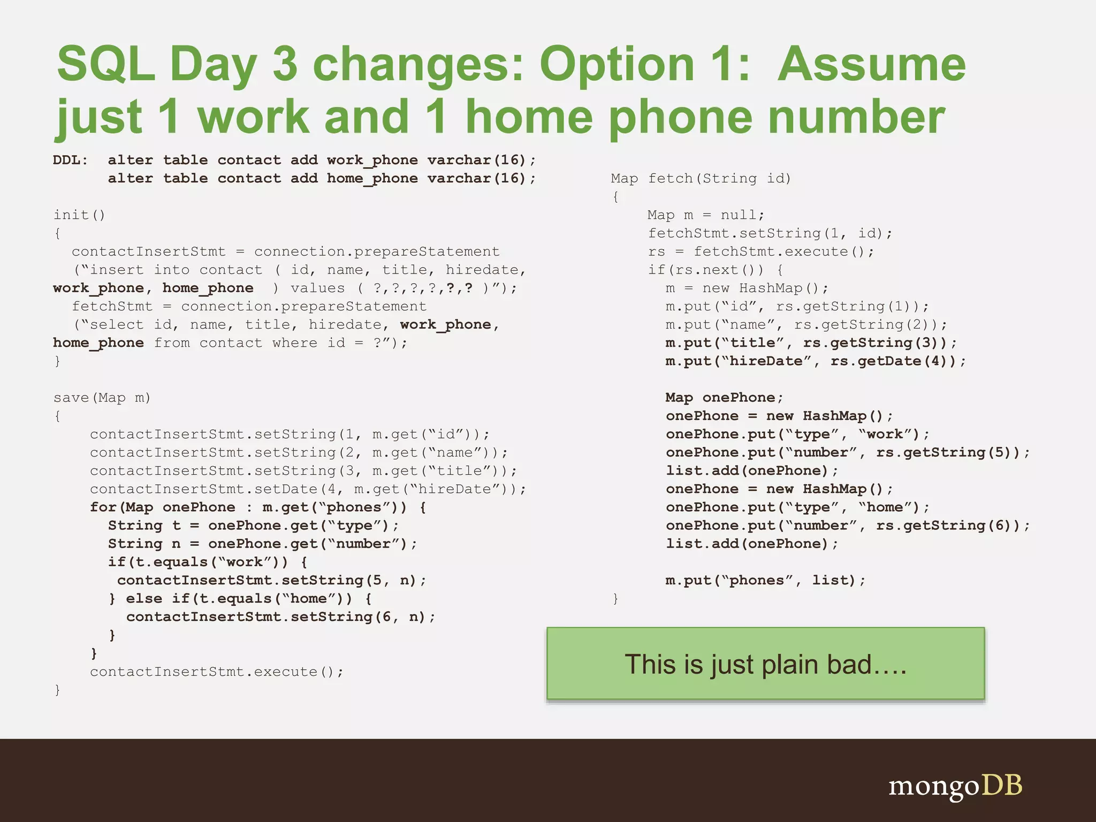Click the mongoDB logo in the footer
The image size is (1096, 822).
[955, 786]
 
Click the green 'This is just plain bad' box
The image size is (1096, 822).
[765, 664]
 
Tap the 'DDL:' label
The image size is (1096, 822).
[70, 160]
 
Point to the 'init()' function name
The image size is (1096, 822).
[79, 215]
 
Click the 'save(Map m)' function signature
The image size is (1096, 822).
[102, 398]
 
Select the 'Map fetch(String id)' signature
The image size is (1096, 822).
[701, 178]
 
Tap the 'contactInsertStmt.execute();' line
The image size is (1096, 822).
[216, 672]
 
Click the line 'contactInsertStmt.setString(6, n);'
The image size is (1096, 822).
[280, 616]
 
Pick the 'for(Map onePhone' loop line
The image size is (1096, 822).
[257, 507]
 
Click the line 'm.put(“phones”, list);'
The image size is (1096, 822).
[765, 580]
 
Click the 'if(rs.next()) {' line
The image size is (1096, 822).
[715, 270]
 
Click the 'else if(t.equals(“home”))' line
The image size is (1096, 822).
[241, 598]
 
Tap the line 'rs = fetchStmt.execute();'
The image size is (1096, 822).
[760, 252]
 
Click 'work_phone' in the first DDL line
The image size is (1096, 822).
[372, 160]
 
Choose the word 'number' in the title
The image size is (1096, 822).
[856, 118]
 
